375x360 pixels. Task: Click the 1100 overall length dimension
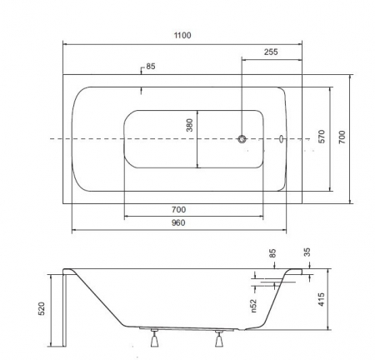click(182, 35)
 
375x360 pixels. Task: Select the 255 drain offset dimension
click(271, 52)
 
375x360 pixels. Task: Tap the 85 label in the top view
click(151, 67)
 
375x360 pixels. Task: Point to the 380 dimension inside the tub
click(189, 125)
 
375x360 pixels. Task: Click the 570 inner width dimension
click(322, 137)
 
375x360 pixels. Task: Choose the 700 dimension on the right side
click(342, 137)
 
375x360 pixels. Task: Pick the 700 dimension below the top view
click(178, 209)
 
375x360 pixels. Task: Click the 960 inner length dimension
click(178, 222)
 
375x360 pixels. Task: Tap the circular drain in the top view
click(242, 138)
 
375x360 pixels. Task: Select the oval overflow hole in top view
click(282, 138)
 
